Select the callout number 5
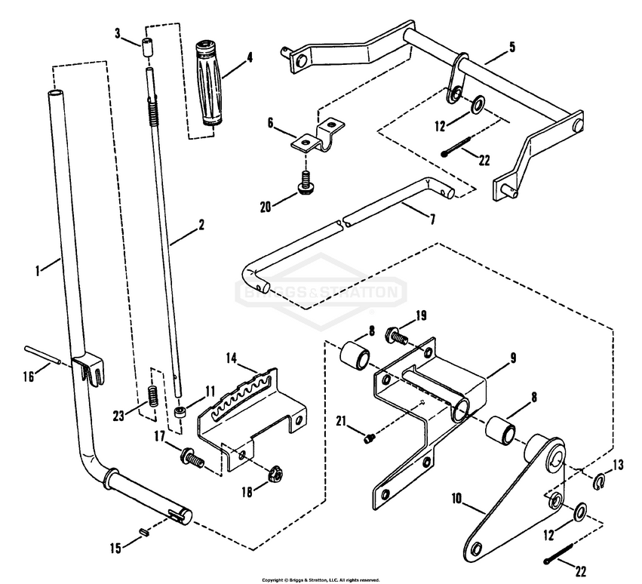pyautogui.click(x=512, y=46)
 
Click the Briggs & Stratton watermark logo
pyautogui.click(x=321, y=292)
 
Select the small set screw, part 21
pyautogui.click(x=369, y=437)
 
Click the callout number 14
pyautogui.click(x=230, y=355)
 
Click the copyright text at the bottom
pyautogui.click(x=321, y=579)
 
